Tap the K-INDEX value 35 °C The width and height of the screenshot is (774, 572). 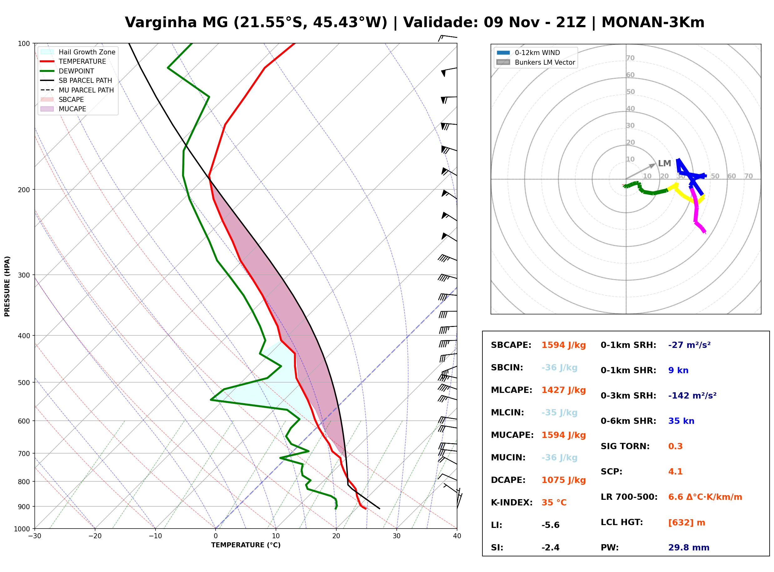pyautogui.click(x=554, y=503)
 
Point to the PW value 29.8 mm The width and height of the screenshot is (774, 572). pyautogui.click(x=689, y=548)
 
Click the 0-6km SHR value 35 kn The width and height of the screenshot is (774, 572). pyautogui.click(x=681, y=421)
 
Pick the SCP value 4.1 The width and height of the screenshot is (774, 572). pyautogui.click(x=675, y=472)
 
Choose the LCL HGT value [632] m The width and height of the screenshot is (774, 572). pyautogui.click(x=687, y=523)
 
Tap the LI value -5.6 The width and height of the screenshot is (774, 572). pyautogui.click(x=551, y=525)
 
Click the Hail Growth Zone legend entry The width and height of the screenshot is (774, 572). pyautogui.click(x=78, y=52)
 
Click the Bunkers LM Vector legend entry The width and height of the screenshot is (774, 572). pyautogui.click(x=536, y=62)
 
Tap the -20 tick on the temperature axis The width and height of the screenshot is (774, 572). pyautogui.click(x=95, y=536)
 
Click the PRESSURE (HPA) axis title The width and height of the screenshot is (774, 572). pyautogui.click(x=7, y=286)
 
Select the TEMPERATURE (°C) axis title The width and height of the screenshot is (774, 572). pyautogui.click(x=246, y=545)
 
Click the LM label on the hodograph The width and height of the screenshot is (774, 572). pyautogui.click(x=665, y=163)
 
